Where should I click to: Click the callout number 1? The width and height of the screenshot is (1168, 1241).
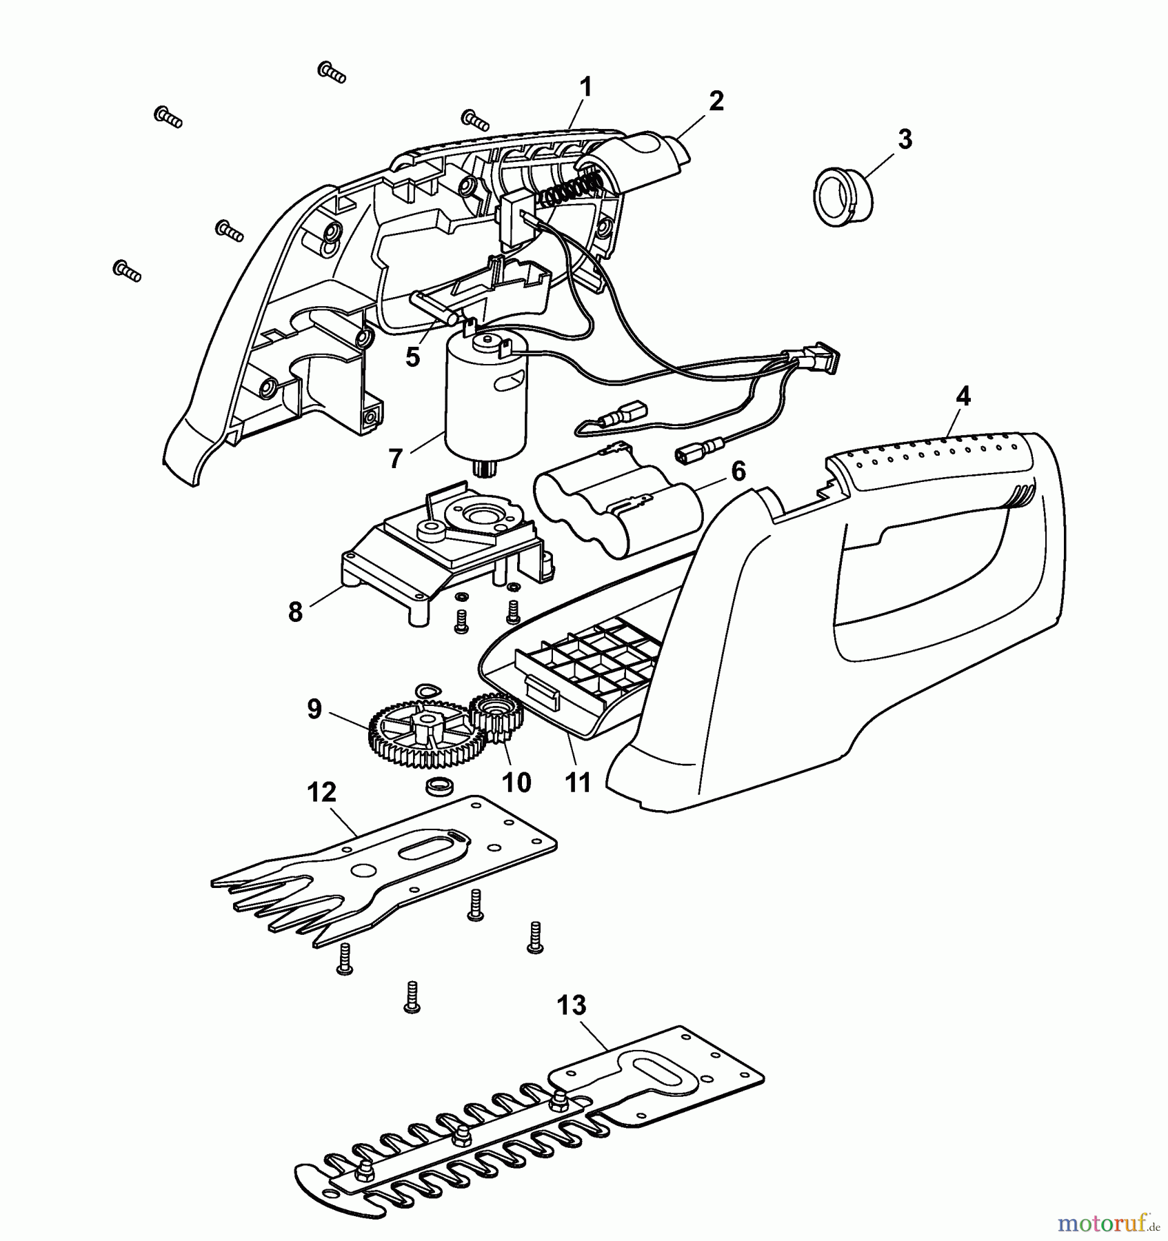585,88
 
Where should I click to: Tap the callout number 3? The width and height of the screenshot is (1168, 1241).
905,139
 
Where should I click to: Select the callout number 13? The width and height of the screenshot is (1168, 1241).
572,1006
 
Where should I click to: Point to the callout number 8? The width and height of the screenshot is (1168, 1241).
296,612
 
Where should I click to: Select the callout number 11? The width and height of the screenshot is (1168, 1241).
578,783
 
